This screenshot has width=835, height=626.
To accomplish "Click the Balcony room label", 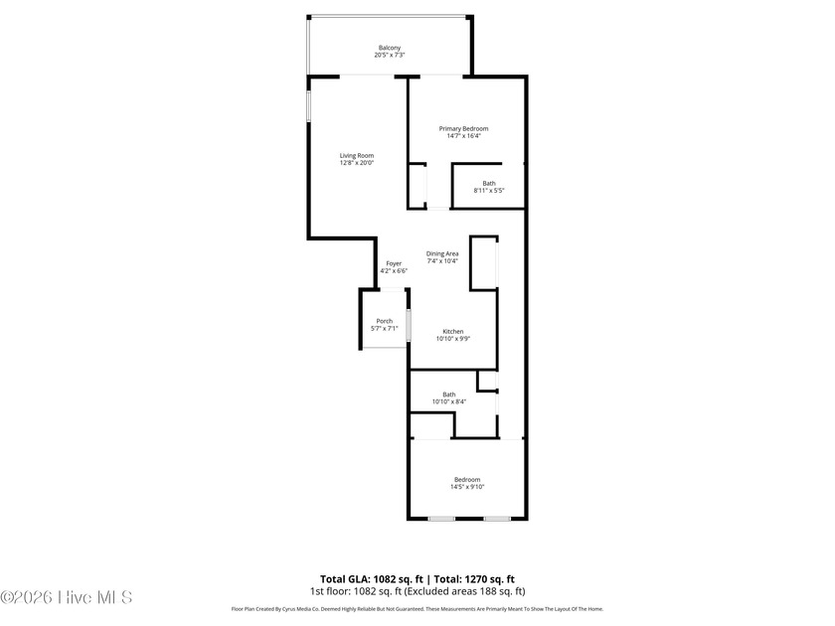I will [x=390, y=48].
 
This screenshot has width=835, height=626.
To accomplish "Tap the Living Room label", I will [x=356, y=155].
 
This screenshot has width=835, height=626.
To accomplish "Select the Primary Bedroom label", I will [x=464, y=129].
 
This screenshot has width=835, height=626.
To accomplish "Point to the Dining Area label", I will [x=442, y=254].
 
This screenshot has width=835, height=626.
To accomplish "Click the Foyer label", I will [x=394, y=263].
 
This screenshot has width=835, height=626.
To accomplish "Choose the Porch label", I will [x=384, y=321].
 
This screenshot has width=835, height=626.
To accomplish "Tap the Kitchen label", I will [x=452, y=332].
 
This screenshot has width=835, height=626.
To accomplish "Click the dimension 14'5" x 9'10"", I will [x=466, y=487].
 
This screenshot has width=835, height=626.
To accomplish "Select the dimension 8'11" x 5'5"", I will [x=489, y=190].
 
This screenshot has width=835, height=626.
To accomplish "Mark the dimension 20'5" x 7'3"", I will [x=390, y=55].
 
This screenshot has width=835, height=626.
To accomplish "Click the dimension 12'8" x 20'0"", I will [x=356, y=162].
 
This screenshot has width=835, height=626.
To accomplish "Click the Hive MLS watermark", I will [x=66, y=597].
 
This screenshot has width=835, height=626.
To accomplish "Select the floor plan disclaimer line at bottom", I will [x=417, y=609].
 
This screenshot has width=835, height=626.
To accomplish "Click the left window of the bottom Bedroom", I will [x=441, y=518].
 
